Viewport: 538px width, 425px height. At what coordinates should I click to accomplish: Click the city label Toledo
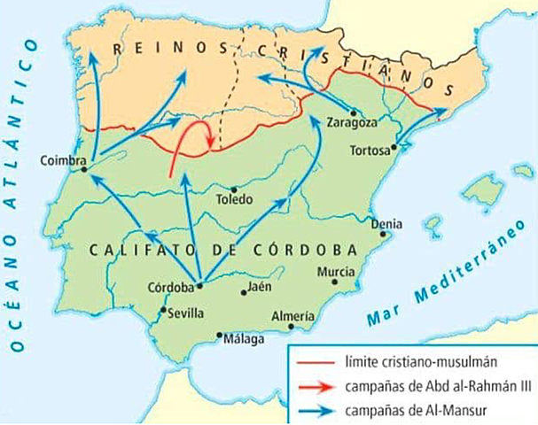235,199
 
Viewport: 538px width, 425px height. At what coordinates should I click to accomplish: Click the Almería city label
293,315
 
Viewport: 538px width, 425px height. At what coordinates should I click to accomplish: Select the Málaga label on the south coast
242,339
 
